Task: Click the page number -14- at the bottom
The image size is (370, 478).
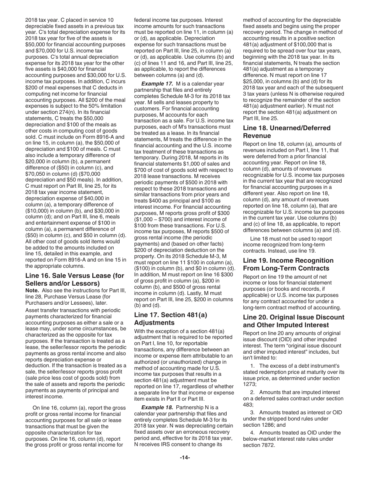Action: tap(185, 457)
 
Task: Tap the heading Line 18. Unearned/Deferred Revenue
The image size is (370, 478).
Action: tap(287, 132)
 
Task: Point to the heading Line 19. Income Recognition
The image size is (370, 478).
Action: tap(288, 264)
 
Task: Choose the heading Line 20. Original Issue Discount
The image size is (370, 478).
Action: tap(293, 321)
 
